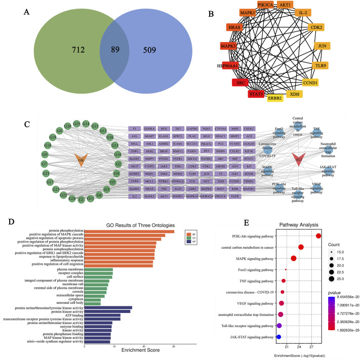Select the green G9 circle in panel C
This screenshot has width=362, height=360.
45,154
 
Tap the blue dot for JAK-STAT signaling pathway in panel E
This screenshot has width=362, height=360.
278,336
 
